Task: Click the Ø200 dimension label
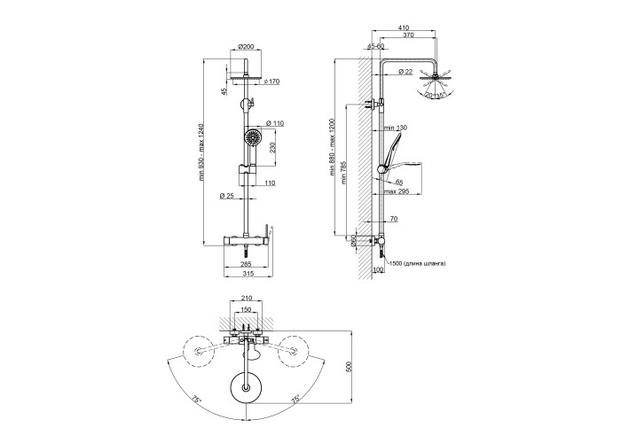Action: coord(246,46)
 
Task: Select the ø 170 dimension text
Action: coord(271,82)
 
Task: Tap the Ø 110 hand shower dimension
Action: coord(275,123)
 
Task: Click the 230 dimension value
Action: coord(272,148)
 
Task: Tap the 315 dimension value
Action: coord(248,273)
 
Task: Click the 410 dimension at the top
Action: coord(404,27)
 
